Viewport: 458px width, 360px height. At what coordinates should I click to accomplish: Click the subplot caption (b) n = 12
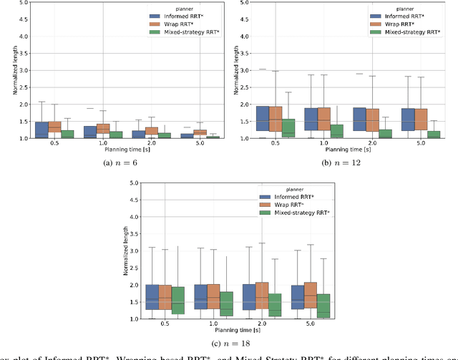tap(343, 162)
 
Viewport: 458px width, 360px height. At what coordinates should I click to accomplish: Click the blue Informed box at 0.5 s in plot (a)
tap(41, 130)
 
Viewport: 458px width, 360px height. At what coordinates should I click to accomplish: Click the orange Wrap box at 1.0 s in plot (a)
tap(103, 129)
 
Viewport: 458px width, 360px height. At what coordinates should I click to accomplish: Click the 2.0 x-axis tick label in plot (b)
tap(375, 144)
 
